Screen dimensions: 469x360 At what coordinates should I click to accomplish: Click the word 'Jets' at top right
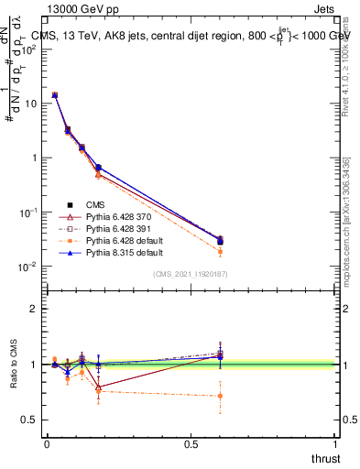[x=325, y=7]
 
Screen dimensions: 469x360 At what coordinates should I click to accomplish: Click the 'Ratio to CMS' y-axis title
[x=14, y=364]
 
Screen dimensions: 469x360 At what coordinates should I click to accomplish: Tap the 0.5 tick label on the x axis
[x=191, y=444]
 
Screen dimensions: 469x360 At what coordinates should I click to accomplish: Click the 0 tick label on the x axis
[x=47, y=444]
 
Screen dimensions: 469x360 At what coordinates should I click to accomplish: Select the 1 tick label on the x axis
[x=336, y=444]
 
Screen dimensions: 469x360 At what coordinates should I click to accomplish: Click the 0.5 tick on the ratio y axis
[x=29, y=420]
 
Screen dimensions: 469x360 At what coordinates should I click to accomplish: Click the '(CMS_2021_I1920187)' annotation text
[x=191, y=274]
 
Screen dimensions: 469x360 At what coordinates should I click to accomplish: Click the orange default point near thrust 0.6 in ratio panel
[x=220, y=396]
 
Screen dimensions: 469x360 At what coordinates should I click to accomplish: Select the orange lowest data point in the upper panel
[x=220, y=251]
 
